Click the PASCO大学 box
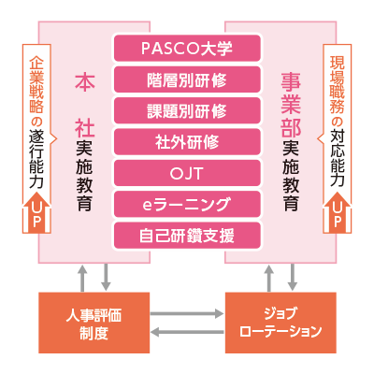187,49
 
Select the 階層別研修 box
187,79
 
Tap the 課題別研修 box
187,110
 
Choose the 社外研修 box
187,142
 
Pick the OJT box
187,173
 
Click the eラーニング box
187,204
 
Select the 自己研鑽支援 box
187,236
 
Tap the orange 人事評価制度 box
93,323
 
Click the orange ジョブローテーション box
280,323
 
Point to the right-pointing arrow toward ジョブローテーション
187,313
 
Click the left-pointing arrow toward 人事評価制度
187,332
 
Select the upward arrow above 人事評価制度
82,279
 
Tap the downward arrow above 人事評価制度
106,278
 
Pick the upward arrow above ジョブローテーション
268,279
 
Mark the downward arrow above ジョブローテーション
293,278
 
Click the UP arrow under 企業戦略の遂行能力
36,213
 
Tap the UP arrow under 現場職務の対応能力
338,213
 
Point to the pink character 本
85,81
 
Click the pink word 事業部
291,105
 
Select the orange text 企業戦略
36,84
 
